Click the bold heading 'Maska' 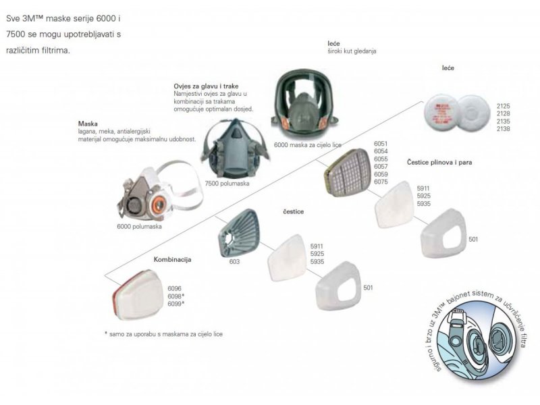tap(88, 124)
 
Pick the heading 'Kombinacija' tap(173, 259)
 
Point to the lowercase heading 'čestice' tap(294, 211)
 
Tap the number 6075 tap(381, 182)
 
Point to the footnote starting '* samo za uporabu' tap(164, 334)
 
